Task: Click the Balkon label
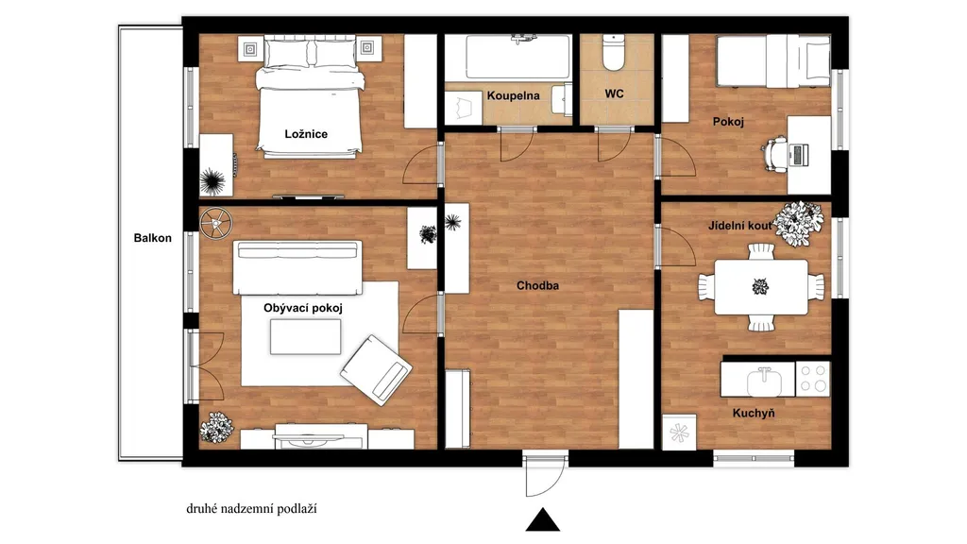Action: coord(152,238)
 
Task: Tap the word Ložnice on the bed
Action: coord(306,134)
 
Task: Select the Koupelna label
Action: coord(513,95)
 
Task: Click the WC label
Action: coord(614,93)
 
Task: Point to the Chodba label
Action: coord(537,285)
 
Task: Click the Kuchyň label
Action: coord(754,414)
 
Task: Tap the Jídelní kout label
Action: coord(739,226)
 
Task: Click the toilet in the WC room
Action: coord(614,53)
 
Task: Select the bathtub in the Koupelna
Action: coord(517,58)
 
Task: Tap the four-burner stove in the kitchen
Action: coord(813,378)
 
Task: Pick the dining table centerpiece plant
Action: coord(760,287)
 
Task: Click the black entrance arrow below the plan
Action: coord(543,520)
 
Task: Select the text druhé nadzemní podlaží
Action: coord(251,509)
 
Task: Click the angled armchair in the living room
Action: coord(376,369)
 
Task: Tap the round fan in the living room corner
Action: coord(215,223)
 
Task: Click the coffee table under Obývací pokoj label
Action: coord(305,337)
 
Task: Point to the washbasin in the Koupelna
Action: coord(562,99)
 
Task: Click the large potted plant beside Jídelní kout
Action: coord(799,223)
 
